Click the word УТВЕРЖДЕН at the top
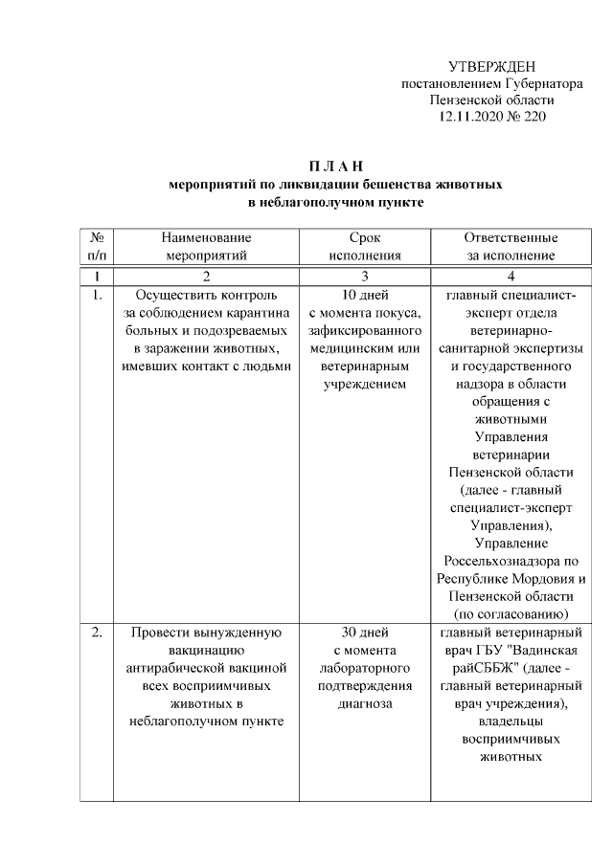pos(492,65)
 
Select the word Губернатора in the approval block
pos(534,82)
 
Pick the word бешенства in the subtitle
pos(385,185)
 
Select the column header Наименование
pos(206,237)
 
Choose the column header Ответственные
pos(511,237)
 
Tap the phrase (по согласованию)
pos(511,613)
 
